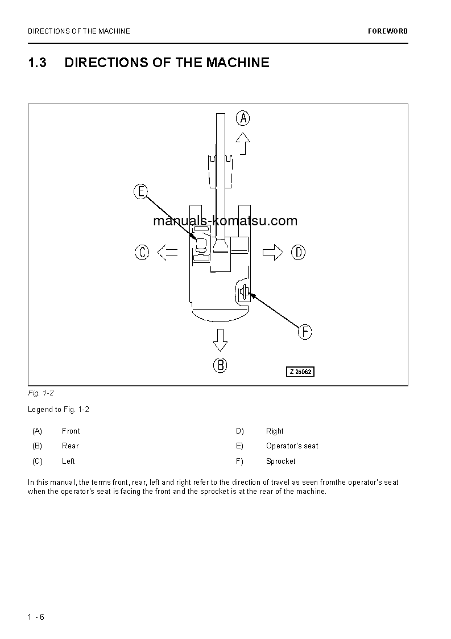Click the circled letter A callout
pyautogui.click(x=243, y=118)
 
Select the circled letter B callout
pyautogui.click(x=220, y=365)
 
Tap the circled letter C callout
pyautogui.click(x=142, y=252)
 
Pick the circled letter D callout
pyautogui.click(x=298, y=252)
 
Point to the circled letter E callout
pyautogui.click(x=140, y=191)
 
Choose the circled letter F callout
pyautogui.click(x=305, y=332)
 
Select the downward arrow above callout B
pyautogui.click(x=220, y=340)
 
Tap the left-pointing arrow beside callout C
pyautogui.click(x=167, y=252)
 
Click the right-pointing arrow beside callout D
pyautogui.click(x=273, y=252)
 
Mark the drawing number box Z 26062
pyautogui.click(x=300, y=372)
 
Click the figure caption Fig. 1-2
pyautogui.click(x=40, y=393)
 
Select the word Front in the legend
pyautogui.click(x=71, y=431)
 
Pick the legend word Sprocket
pyautogui.click(x=280, y=461)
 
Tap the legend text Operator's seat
pyautogui.click(x=292, y=446)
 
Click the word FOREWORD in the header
pyautogui.click(x=388, y=31)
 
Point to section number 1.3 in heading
pyautogui.click(x=37, y=63)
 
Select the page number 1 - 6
pyautogui.click(x=36, y=617)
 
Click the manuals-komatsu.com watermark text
pyautogui.click(x=225, y=221)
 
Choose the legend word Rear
pyautogui.click(x=71, y=446)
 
